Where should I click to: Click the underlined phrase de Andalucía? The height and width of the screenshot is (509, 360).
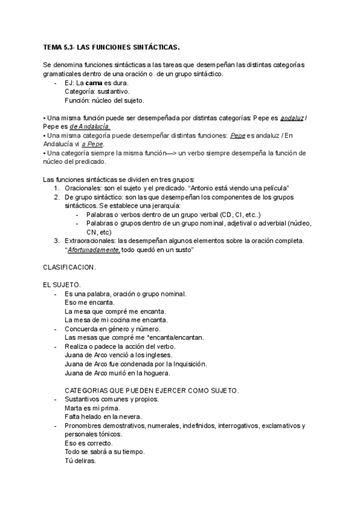(90, 127)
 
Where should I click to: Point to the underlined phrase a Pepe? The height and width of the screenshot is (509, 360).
(91, 145)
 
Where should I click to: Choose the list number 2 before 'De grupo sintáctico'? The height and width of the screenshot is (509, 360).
(56, 197)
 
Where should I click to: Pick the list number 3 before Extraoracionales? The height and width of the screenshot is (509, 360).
(56, 241)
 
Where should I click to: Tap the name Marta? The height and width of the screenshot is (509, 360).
(73, 408)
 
